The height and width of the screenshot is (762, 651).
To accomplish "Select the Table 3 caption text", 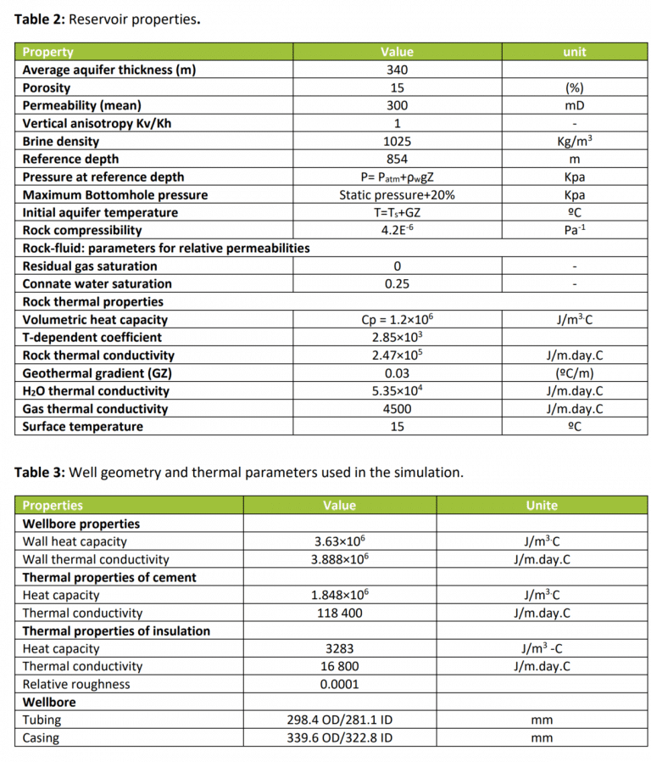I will [x=238, y=473].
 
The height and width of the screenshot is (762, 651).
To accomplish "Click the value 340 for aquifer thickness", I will [x=397, y=70].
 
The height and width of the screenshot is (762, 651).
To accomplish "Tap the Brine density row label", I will [x=61, y=142].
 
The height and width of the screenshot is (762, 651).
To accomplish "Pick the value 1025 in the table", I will [x=397, y=142].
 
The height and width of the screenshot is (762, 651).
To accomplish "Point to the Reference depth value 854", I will [x=397, y=160].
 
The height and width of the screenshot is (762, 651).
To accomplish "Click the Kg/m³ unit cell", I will [x=574, y=142].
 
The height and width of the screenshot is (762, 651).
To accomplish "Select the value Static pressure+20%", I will [x=397, y=195].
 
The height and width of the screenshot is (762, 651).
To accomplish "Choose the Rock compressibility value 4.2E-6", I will [x=397, y=231].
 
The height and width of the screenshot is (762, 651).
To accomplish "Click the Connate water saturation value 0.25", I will [x=397, y=284].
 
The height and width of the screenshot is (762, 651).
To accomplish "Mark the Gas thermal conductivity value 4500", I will [x=397, y=409].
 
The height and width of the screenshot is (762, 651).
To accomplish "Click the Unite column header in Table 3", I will [x=541, y=506].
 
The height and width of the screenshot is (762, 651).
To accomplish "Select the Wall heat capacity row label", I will [x=75, y=541].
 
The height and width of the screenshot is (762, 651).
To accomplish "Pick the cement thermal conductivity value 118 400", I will [x=339, y=613].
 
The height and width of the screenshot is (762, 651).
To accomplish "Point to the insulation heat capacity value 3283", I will [x=339, y=649].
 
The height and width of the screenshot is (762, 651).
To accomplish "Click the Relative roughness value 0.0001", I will [x=339, y=685].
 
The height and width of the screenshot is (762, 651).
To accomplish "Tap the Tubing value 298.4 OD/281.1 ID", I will [x=339, y=720].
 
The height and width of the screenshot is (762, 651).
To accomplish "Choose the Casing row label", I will [x=41, y=738].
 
